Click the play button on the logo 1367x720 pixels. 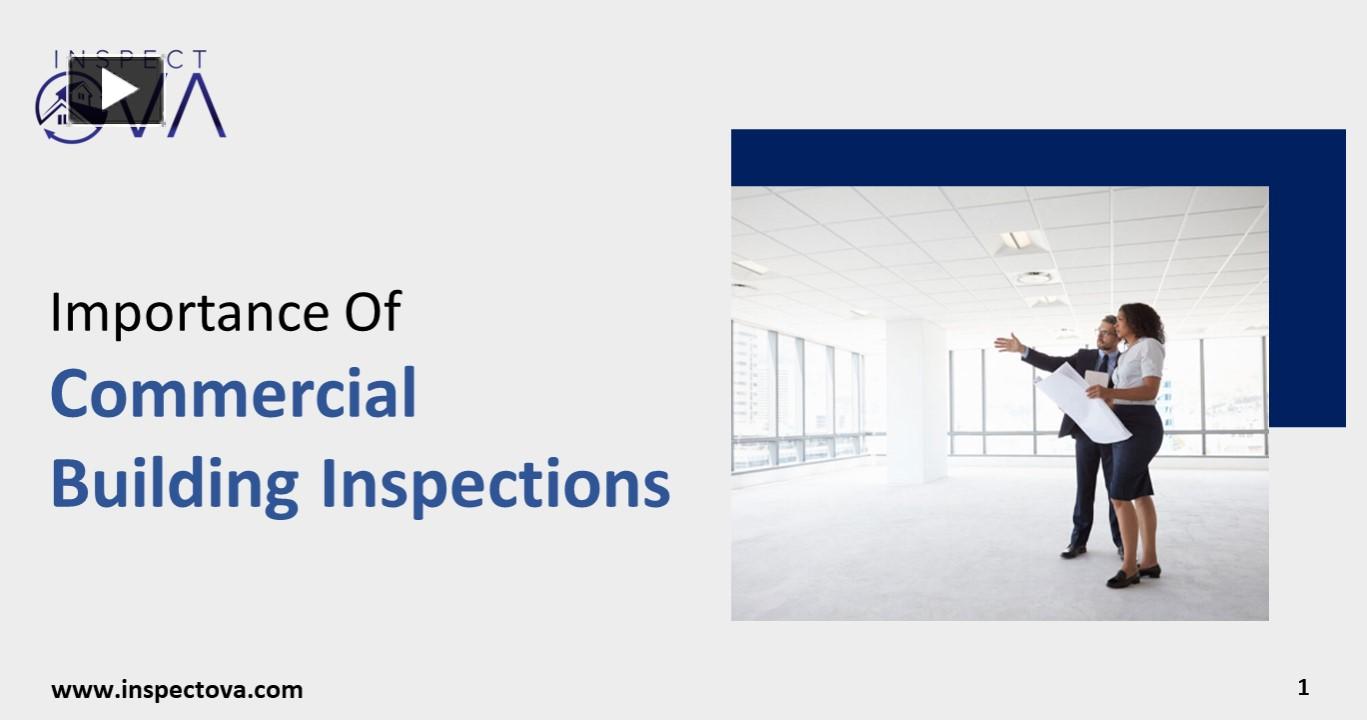(x=116, y=90)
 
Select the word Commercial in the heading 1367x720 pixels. (x=233, y=394)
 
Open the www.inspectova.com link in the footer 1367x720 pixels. (x=177, y=690)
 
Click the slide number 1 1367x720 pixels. (x=1303, y=688)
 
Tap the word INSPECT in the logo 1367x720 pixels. (x=131, y=59)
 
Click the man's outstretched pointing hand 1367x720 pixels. (x=1006, y=343)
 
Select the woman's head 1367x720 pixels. (x=1140, y=322)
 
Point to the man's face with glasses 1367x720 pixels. (x=1107, y=335)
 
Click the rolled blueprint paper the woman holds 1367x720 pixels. (x=1082, y=402)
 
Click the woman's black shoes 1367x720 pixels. (x=1132, y=575)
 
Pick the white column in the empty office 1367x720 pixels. (x=916, y=400)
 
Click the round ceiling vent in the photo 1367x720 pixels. (x=1034, y=276)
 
